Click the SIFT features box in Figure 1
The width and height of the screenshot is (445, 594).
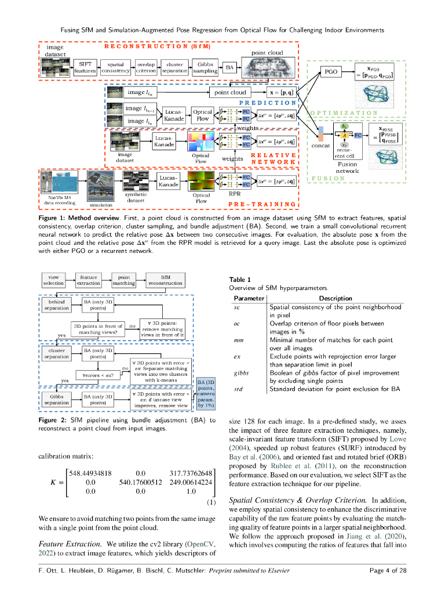[x=85, y=67]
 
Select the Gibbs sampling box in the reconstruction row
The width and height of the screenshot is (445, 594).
[x=205, y=67]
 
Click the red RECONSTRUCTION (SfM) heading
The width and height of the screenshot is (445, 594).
[x=156, y=45]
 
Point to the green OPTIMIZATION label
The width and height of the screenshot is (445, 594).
[x=344, y=113]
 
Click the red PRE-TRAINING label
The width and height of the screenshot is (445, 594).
[x=263, y=204]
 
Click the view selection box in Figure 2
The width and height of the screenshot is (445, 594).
[x=54, y=281]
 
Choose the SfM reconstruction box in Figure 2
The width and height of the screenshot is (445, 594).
[x=165, y=281]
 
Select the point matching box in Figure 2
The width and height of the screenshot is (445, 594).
[x=123, y=281]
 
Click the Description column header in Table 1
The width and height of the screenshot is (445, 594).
[x=335, y=298]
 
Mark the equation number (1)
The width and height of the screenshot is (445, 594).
[x=211, y=502]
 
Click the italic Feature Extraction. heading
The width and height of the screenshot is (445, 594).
[x=70, y=544]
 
